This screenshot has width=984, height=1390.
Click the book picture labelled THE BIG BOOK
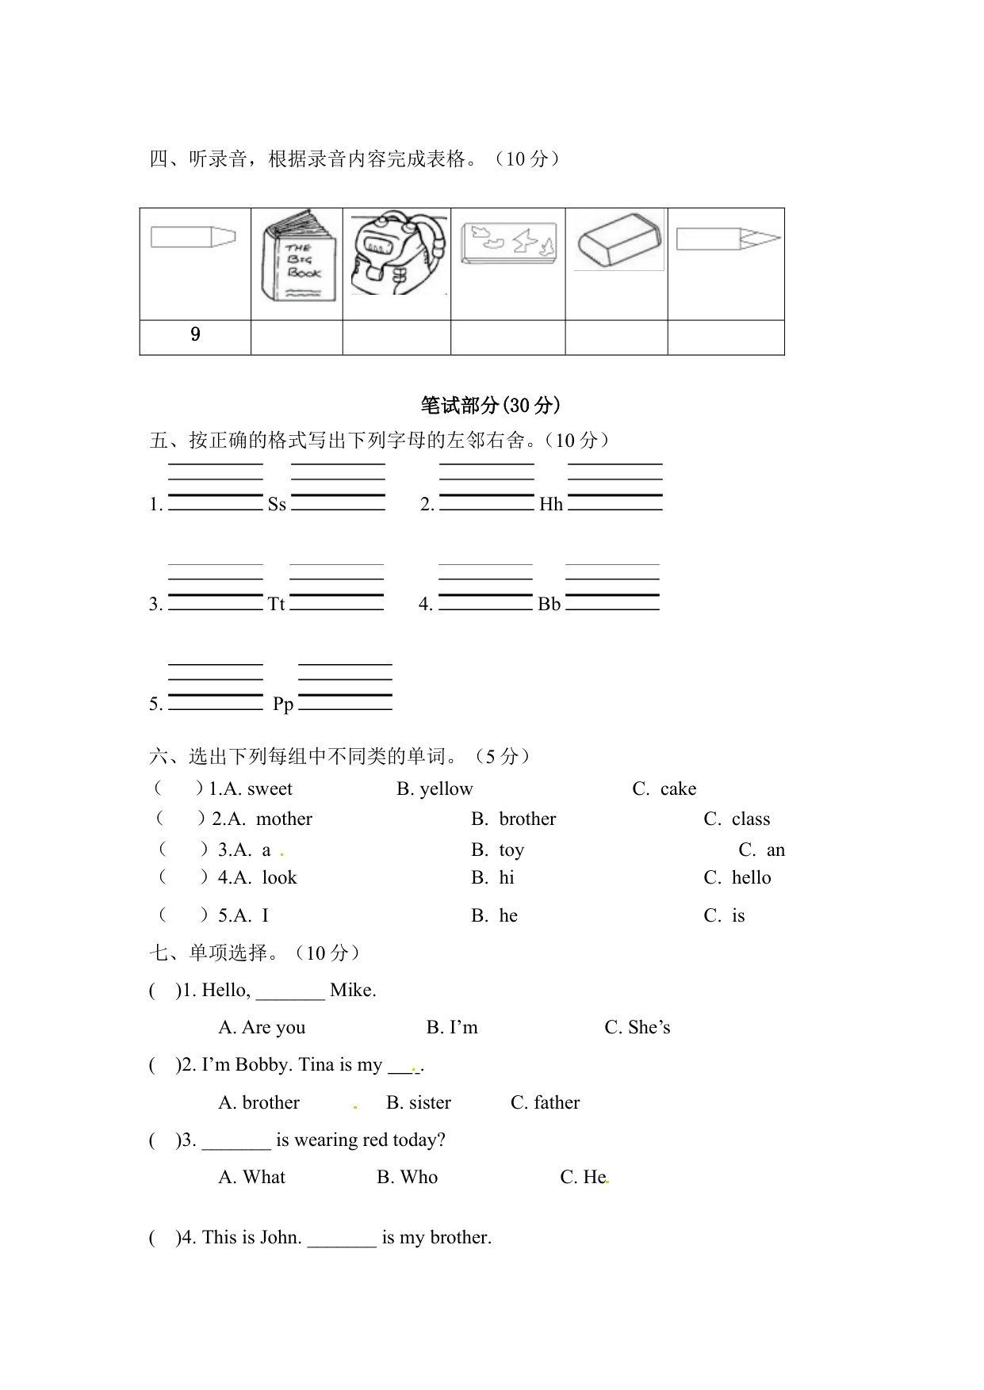(x=297, y=257)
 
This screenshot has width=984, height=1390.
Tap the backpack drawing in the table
(x=396, y=254)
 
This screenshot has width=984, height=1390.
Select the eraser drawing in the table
(x=618, y=239)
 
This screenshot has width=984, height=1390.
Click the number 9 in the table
(x=195, y=334)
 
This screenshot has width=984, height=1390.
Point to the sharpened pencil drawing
(x=728, y=239)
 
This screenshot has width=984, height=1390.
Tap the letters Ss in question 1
(x=277, y=505)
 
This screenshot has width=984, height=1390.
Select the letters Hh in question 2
(x=551, y=505)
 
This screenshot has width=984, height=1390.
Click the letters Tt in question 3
(x=276, y=605)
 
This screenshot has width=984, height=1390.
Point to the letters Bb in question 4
(x=549, y=605)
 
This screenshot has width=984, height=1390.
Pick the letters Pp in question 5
(x=283, y=705)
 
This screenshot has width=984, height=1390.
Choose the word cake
(x=678, y=789)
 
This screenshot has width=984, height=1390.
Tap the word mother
(x=284, y=819)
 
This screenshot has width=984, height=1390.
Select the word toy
(x=511, y=850)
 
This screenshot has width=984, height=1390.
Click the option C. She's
(x=637, y=1028)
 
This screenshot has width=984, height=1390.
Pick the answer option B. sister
(x=419, y=1103)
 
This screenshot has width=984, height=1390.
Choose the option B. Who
(x=407, y=1178)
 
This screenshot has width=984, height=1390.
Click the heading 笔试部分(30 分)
(x=491, y=406)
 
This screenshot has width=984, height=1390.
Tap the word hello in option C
(x=751, y=878)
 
